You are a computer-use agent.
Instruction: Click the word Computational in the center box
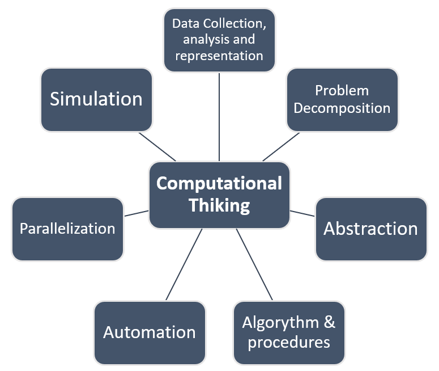coord(219,183)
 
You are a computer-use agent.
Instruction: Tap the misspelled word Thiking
coord(219,205)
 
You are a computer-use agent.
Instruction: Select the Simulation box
coord(96,99)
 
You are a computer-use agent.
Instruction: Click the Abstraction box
coord(370,229)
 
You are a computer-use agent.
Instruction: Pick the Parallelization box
coord(67,229)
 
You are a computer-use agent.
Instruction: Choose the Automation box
coord(150,332)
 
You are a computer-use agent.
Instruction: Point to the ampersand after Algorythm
coord(329,323)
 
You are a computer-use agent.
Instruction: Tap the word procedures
coord(289,342)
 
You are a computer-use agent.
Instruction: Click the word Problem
coord(342,91)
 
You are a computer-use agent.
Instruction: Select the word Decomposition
coord(342,108)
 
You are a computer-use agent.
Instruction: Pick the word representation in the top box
coord(219,56)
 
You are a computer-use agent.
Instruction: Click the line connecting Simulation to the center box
coord(157,146)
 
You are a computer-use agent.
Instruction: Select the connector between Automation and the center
coord(184,264)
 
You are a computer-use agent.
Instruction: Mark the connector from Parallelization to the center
coord(136,213)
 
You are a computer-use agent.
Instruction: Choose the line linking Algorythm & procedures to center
coord(254,264)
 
